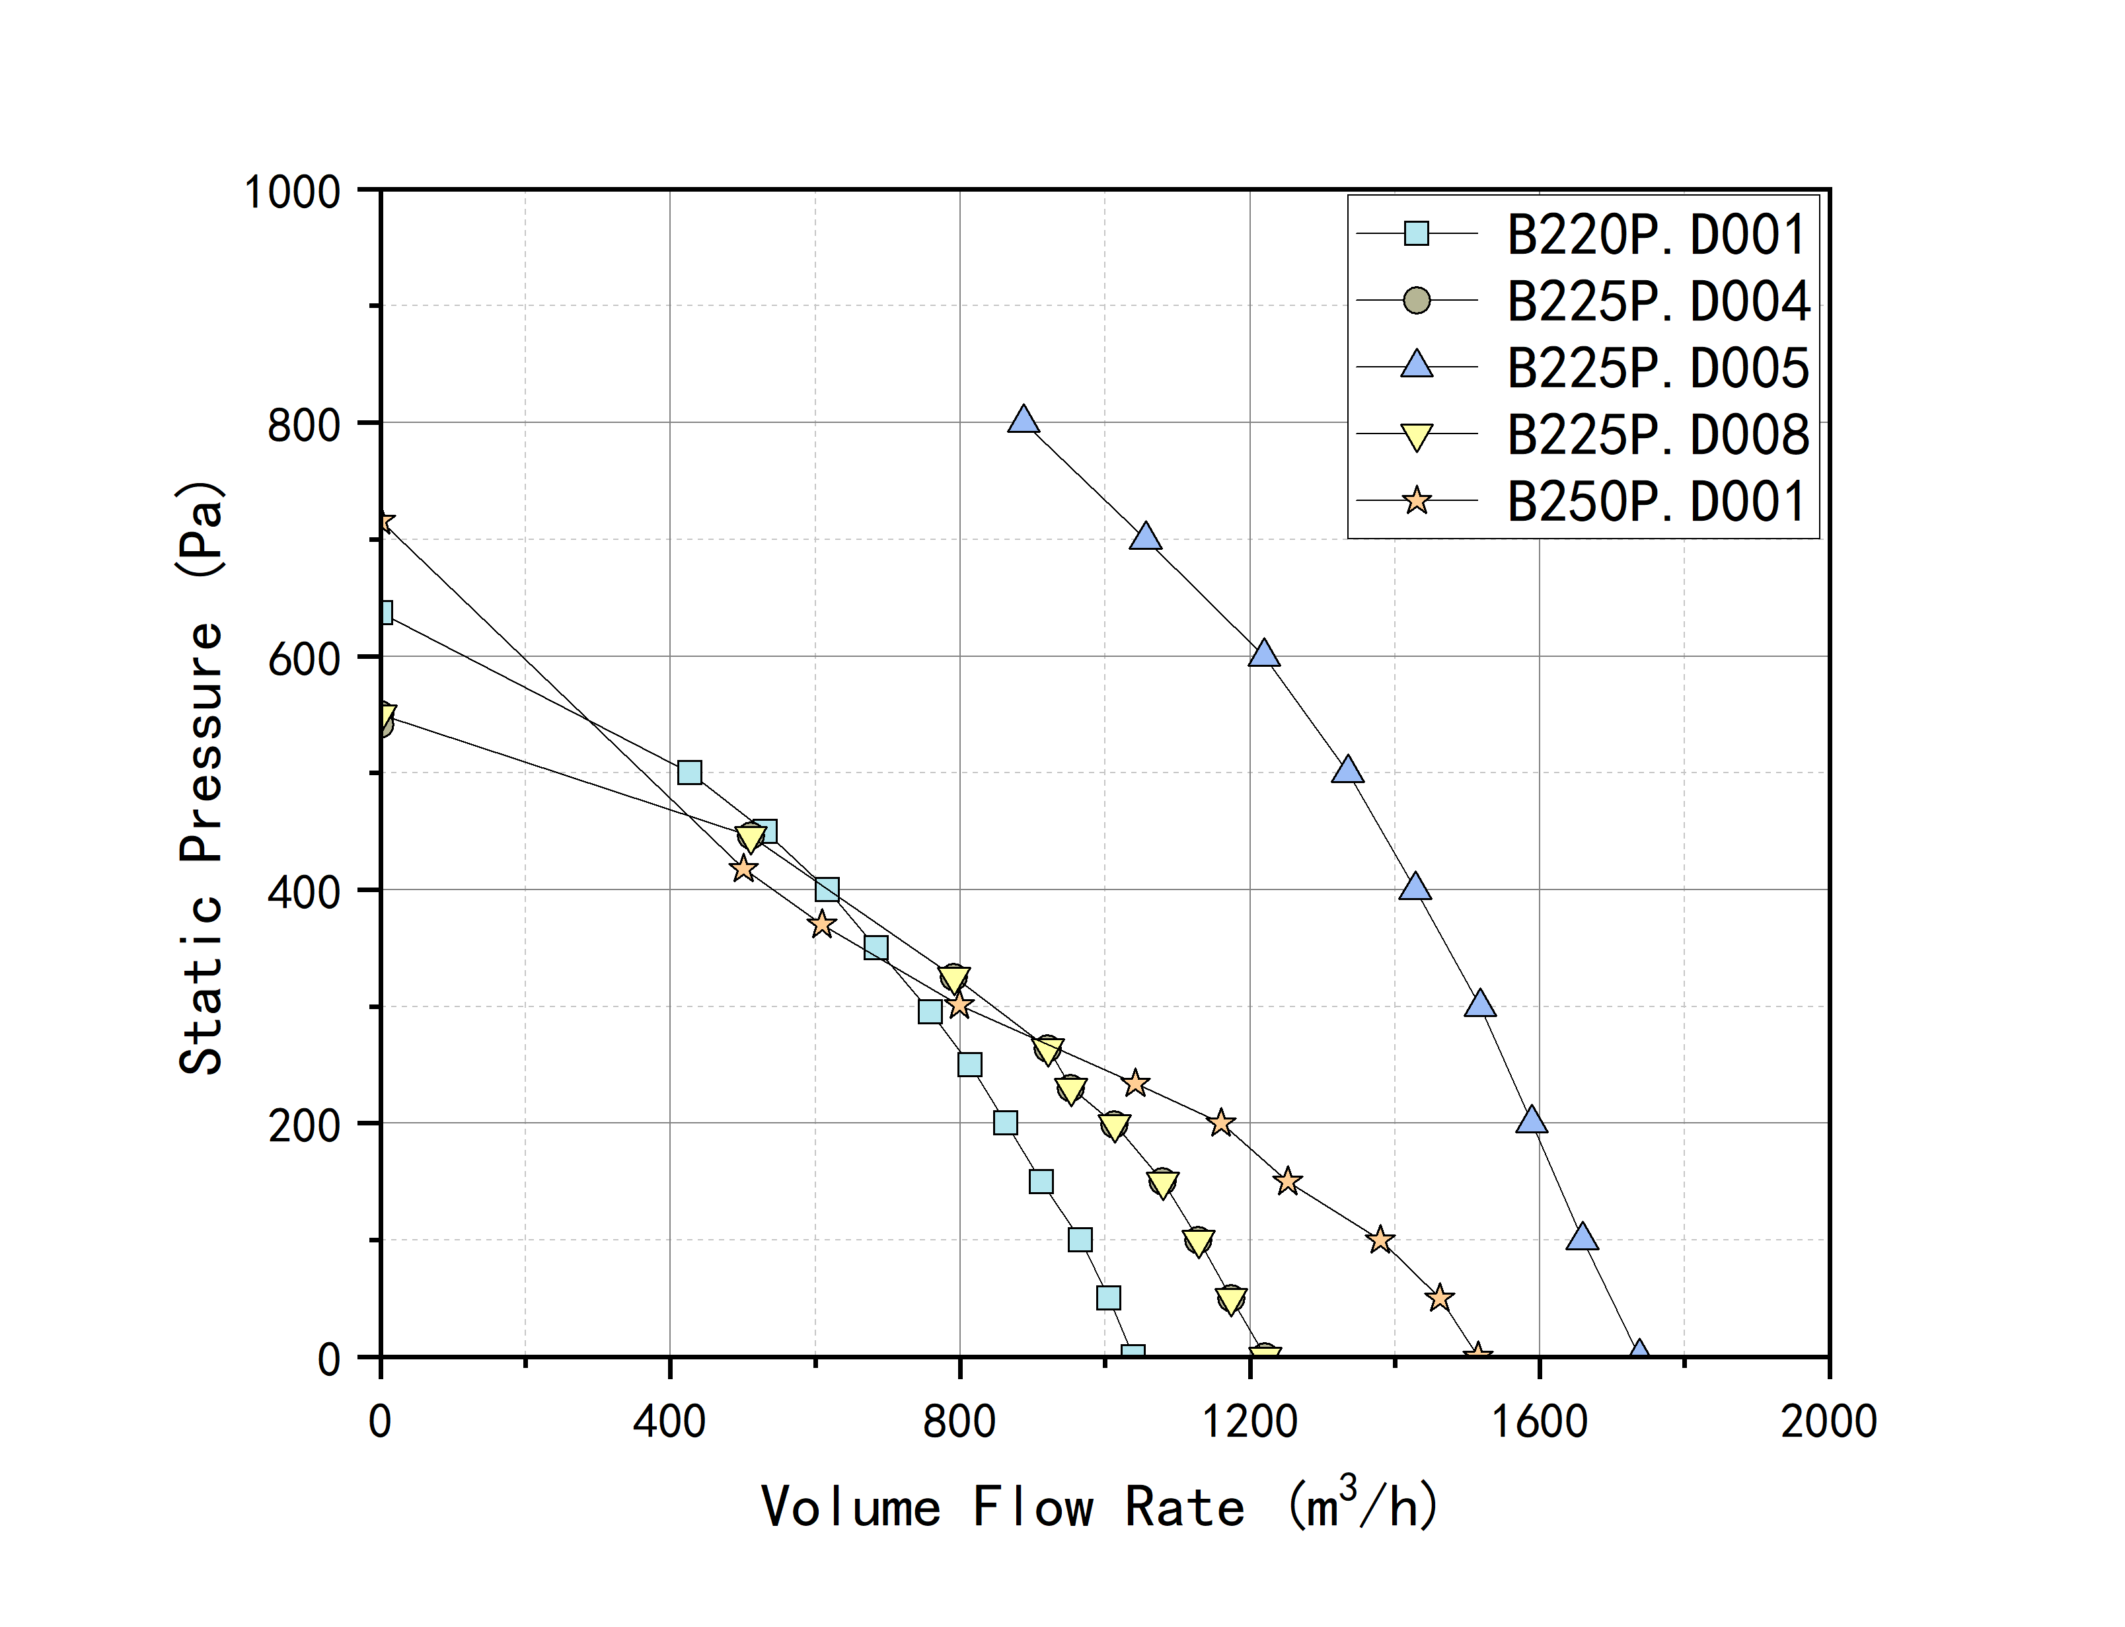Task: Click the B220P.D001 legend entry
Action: (1655, 235)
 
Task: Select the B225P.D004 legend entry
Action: (1657, 301)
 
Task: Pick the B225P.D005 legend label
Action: (1657, 368)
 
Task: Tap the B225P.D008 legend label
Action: (1657, 435)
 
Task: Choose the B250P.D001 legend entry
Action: (1655, 502)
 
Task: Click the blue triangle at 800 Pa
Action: (1024, 420)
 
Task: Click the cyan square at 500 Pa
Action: (689, 772)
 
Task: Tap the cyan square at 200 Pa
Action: (1005, 1122)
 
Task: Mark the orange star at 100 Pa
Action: (1380, 1240)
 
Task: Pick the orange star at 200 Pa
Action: (1221, 1122)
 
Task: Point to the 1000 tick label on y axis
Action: (292, 192)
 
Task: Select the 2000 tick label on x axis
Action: (1828, 1421)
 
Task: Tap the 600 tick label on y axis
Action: (304, 659)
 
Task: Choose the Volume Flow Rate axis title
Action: (1100, 1507)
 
